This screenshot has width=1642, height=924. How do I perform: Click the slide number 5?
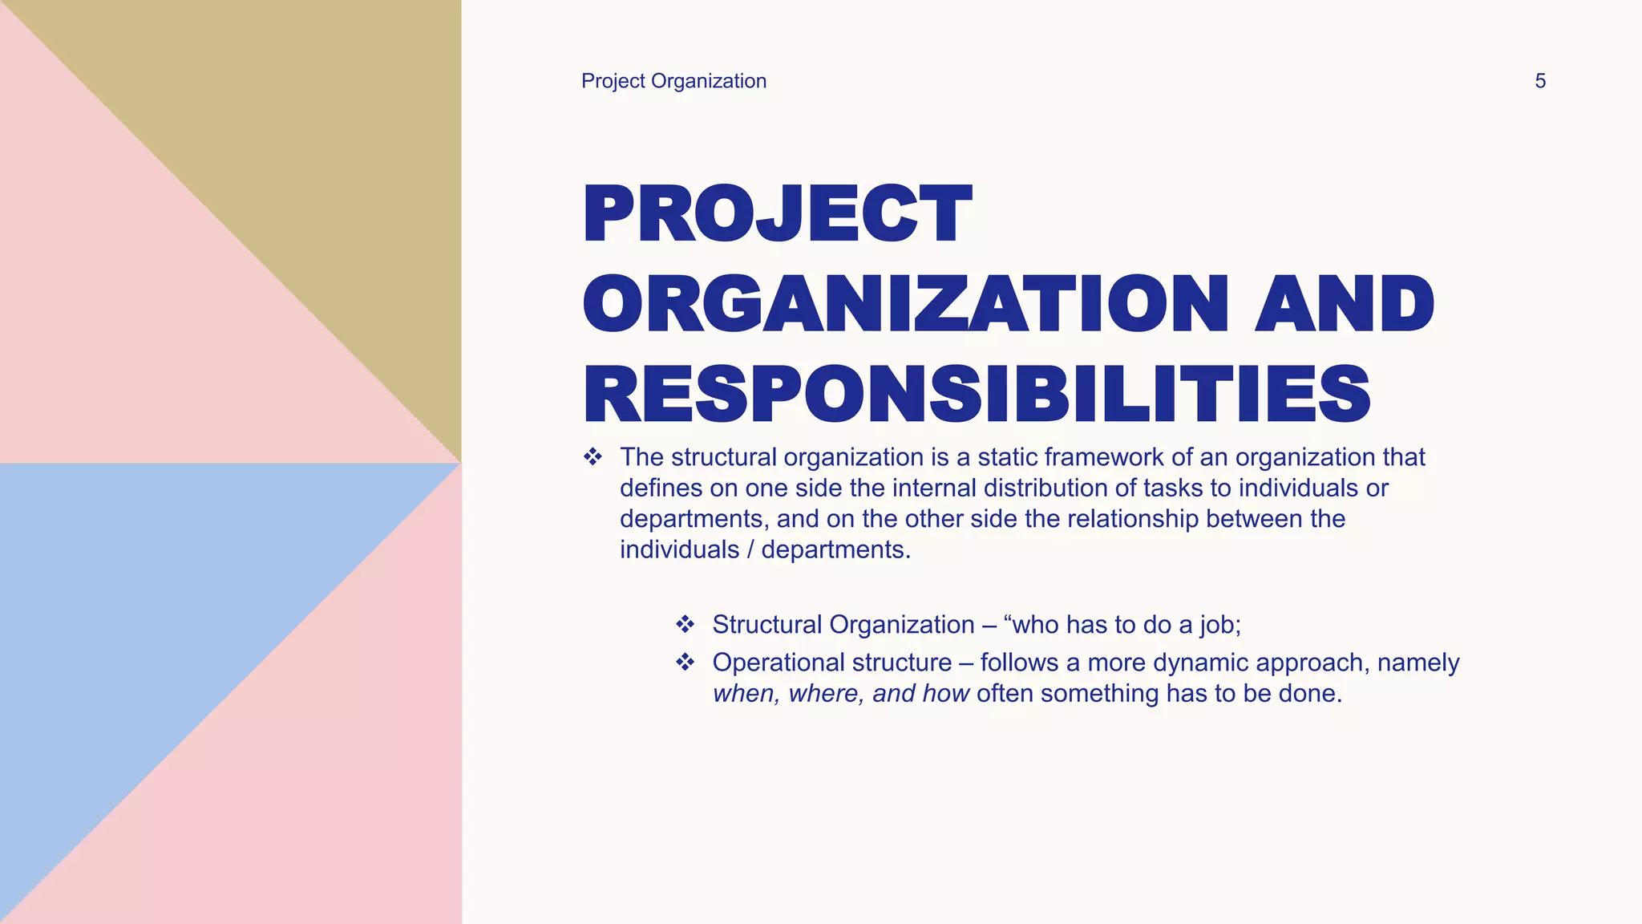(1539, 81)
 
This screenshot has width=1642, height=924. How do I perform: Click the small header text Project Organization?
(673, 81)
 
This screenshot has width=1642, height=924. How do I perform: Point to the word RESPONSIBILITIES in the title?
(977, 395)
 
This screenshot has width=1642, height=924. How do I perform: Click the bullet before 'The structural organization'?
(592, 457)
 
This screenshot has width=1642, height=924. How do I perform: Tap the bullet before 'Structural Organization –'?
(685, 624)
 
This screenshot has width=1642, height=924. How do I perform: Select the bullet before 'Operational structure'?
(685, 663)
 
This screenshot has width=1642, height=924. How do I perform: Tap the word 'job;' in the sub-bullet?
(1220, 625)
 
